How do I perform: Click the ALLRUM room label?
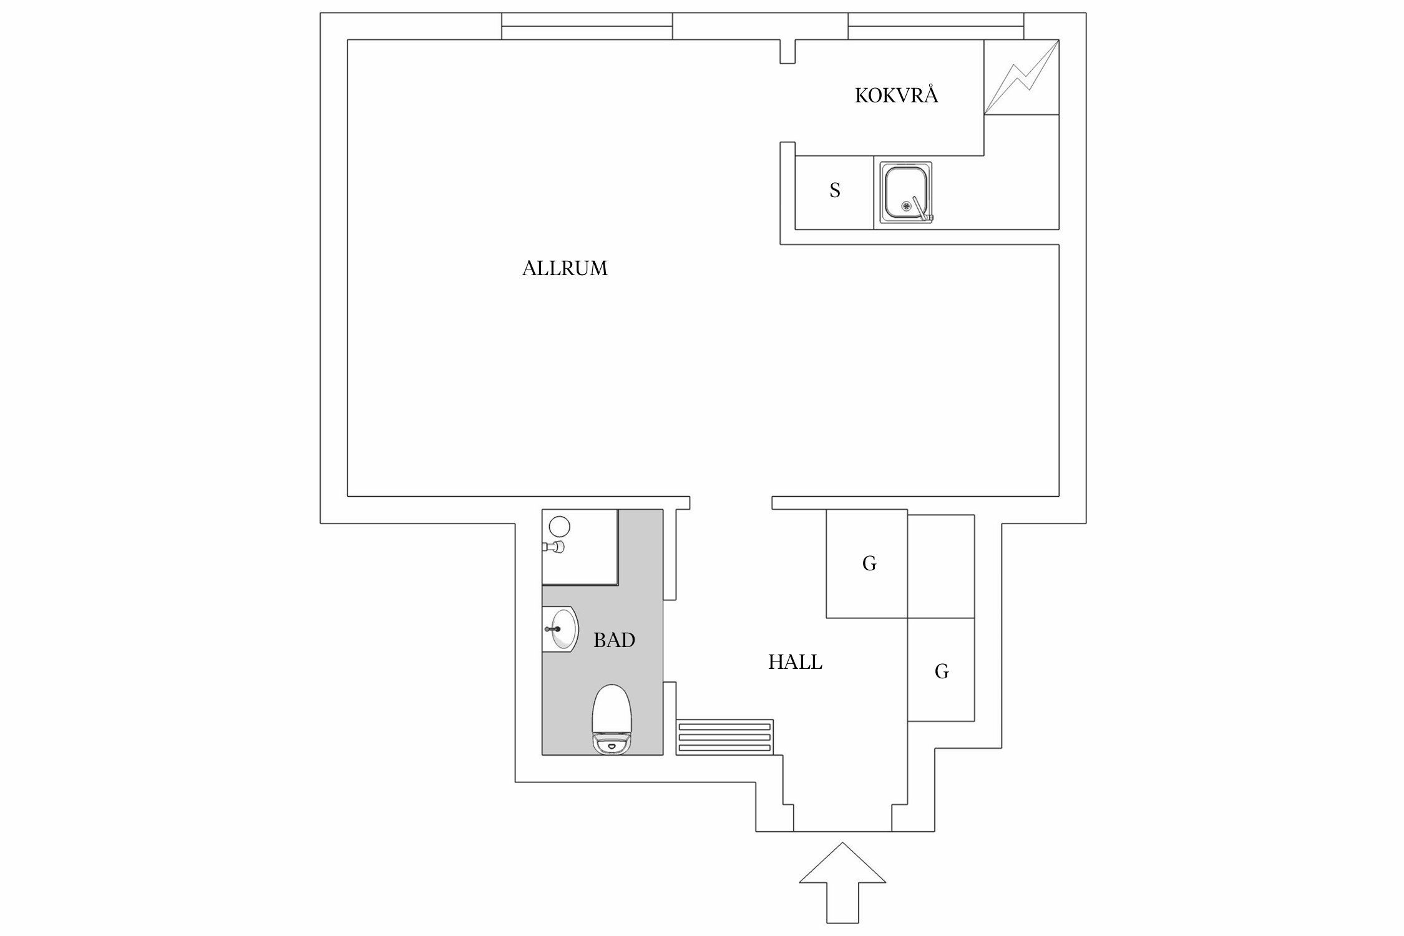pos(565,268)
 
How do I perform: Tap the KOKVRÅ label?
pos(896,96)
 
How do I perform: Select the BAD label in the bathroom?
pos(614,640)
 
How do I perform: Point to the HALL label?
pos(795,663)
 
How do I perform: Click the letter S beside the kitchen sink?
pos(835,190)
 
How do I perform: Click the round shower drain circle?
pos(560,526)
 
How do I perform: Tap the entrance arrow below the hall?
pos(842,886)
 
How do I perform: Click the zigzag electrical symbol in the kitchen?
pos(1021,77)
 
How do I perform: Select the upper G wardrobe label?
pos(869,564)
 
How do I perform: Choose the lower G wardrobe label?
pos(942,672)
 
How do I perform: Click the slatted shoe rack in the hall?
pos(725,737)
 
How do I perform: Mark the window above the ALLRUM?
pos(587,26)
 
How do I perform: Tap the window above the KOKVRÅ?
pos(935,26)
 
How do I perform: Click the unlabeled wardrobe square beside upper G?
pos(941,566)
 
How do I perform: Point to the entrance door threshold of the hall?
pos(842,831)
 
